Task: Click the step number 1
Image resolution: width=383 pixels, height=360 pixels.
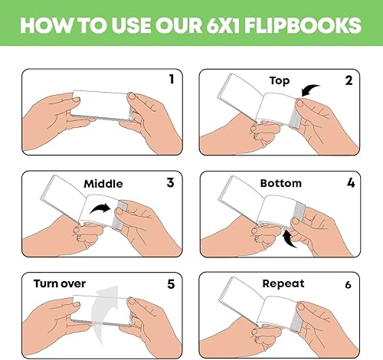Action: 172,78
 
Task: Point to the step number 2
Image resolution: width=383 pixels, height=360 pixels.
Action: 349,80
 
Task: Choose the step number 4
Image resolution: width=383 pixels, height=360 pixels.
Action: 349,182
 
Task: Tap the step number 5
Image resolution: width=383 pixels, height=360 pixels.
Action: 172,283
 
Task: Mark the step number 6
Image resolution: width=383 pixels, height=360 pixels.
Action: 349,284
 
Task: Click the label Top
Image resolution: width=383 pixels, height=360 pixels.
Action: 280,80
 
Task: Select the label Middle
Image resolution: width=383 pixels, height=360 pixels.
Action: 103,183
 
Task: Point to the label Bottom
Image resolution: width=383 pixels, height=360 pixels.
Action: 280,183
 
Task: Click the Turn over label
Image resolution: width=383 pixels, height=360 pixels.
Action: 59,283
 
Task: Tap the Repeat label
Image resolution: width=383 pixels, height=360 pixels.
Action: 283,283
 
